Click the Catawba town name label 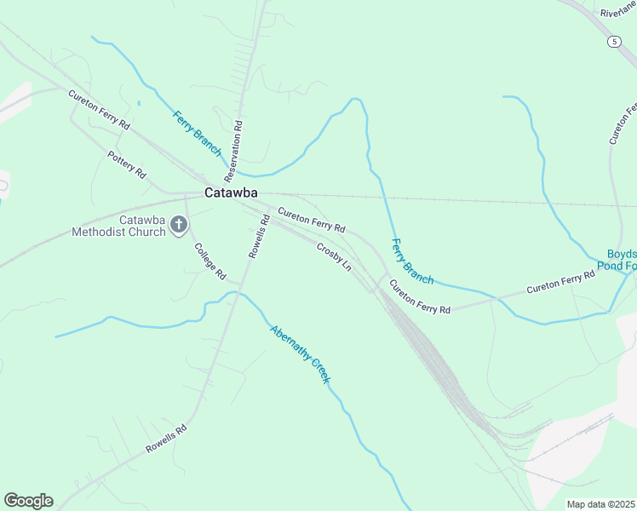[x=231, y=193]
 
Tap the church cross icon [x=178, y=225]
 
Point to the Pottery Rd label [x=127, y=164]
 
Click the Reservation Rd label [x=233, y=152]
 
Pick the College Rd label [x=209, y=261]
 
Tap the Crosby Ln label [x=334, y=255]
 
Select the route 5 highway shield [x=614, y=41]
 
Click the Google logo [x=28, y=501]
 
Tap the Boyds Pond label [x=621, y=260]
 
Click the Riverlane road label [x=617, y=12]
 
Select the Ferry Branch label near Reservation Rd [x=197, y=132]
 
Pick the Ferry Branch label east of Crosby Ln [x=412, y=261]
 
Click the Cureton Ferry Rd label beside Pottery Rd [x=100, y=109]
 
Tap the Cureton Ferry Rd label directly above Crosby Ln [x=311, y=222]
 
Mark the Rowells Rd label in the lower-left [x=165, y=439]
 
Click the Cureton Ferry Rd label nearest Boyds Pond [x=560, y=283]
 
